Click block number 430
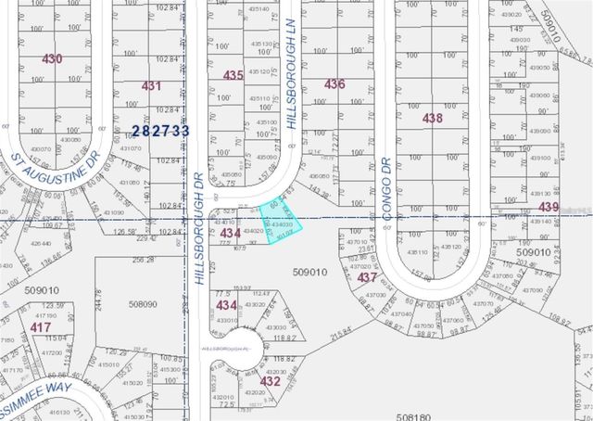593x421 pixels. tap(52, 58)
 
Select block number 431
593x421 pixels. tap(152, 85)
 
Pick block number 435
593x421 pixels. tap(233, 75)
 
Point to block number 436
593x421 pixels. tap(334, 84)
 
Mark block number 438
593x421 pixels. tap(433, 119)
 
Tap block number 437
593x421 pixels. tap(367, 276)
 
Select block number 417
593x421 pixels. tap(40, 327)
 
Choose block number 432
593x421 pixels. tap(271, 380)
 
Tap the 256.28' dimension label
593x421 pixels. tap(144, 261)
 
